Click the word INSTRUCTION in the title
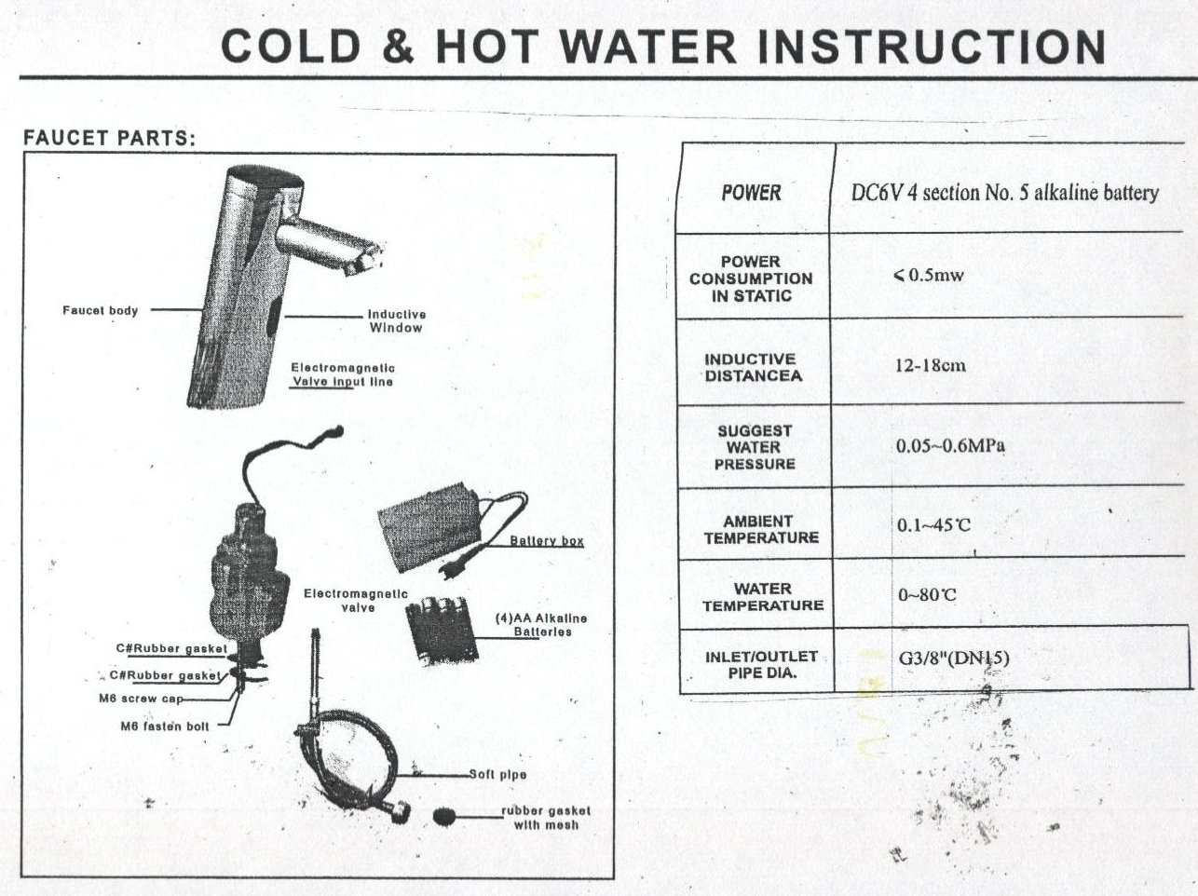point(932,47)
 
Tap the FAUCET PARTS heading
point(109,138)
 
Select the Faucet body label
point(101,310)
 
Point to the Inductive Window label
point(396,320)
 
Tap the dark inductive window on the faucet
point(276,316)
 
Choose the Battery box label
point(546,541)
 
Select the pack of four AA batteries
point(441,631)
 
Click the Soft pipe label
point(497,774)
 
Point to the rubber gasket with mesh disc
point(444,817)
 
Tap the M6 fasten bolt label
point(165,726)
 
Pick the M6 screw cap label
point(141,699)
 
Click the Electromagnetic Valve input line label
point(342,374)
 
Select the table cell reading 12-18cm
point(930,365)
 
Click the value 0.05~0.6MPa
point(950,446)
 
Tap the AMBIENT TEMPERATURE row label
point(761,529)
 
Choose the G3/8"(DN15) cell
point(954,658)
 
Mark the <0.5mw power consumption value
point(929,275)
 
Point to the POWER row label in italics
point(751,193)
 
